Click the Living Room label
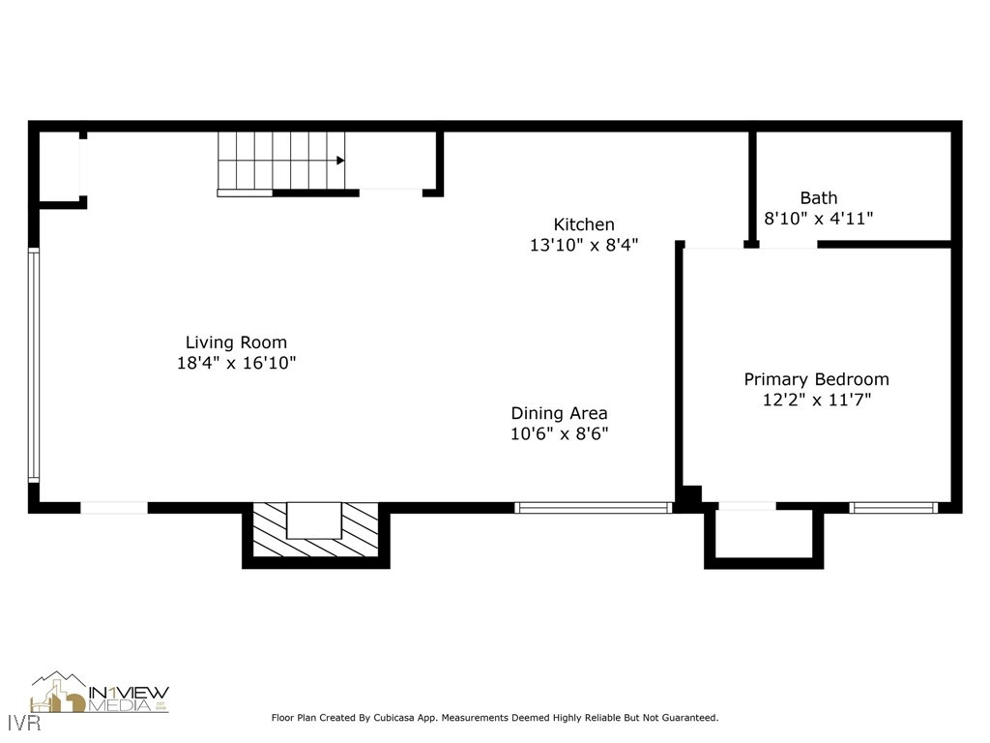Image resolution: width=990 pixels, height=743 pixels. [236, 342]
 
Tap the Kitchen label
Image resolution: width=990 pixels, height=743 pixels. [583, 224]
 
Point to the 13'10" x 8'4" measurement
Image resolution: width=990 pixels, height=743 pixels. [583, 246]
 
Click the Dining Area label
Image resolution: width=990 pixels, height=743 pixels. [559, 413]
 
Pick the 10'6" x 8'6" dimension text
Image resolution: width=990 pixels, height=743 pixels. [559, 434]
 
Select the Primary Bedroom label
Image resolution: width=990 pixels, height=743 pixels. [816, 379]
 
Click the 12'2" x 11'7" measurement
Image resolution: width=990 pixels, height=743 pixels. [816, 400]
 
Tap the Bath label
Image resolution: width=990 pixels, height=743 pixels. [818, 198]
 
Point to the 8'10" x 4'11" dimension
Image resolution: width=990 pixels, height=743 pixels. [818, 219]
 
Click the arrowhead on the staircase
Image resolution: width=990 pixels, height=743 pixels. [340, 161]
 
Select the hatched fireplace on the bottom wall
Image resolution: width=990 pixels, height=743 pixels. [315, 531]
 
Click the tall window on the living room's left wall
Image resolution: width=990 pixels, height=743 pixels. [34, 365]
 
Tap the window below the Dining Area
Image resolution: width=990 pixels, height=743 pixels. [593, 507]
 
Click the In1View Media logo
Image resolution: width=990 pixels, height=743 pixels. [100, 694]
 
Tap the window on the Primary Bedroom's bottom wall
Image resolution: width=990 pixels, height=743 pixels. [892, 507]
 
